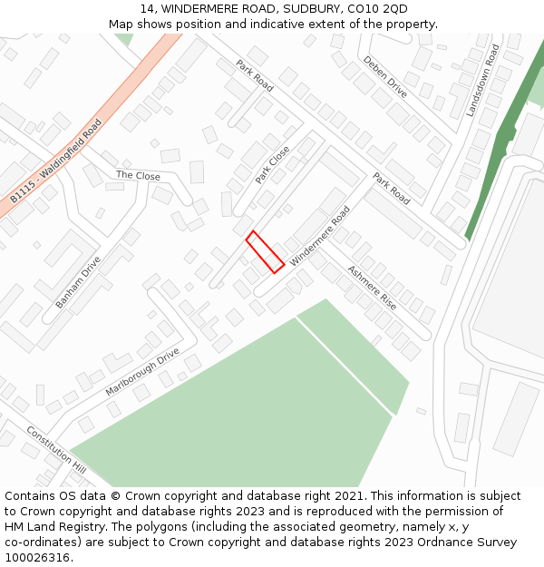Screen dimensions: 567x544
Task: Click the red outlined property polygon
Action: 265,251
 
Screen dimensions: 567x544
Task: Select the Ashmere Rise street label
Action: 372,288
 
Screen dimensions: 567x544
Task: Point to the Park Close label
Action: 272,164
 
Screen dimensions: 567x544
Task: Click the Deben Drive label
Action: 385,76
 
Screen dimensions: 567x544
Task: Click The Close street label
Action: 138,175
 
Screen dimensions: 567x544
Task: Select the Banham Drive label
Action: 78,282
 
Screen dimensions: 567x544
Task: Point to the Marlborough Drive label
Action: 142,372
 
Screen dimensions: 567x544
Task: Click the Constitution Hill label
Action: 56,451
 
